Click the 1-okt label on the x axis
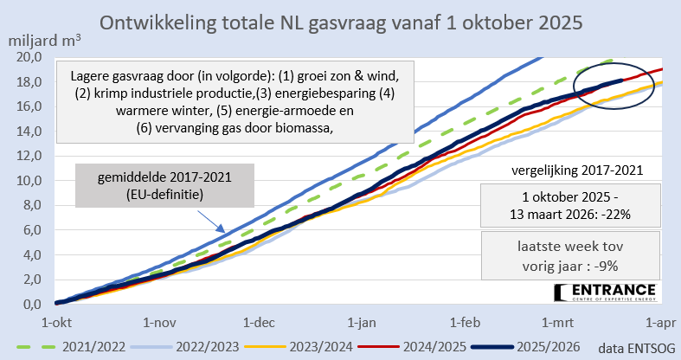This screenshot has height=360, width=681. point(56,322)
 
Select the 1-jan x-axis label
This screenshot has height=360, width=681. point(362,322)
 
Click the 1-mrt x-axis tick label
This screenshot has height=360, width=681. point(559,322)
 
